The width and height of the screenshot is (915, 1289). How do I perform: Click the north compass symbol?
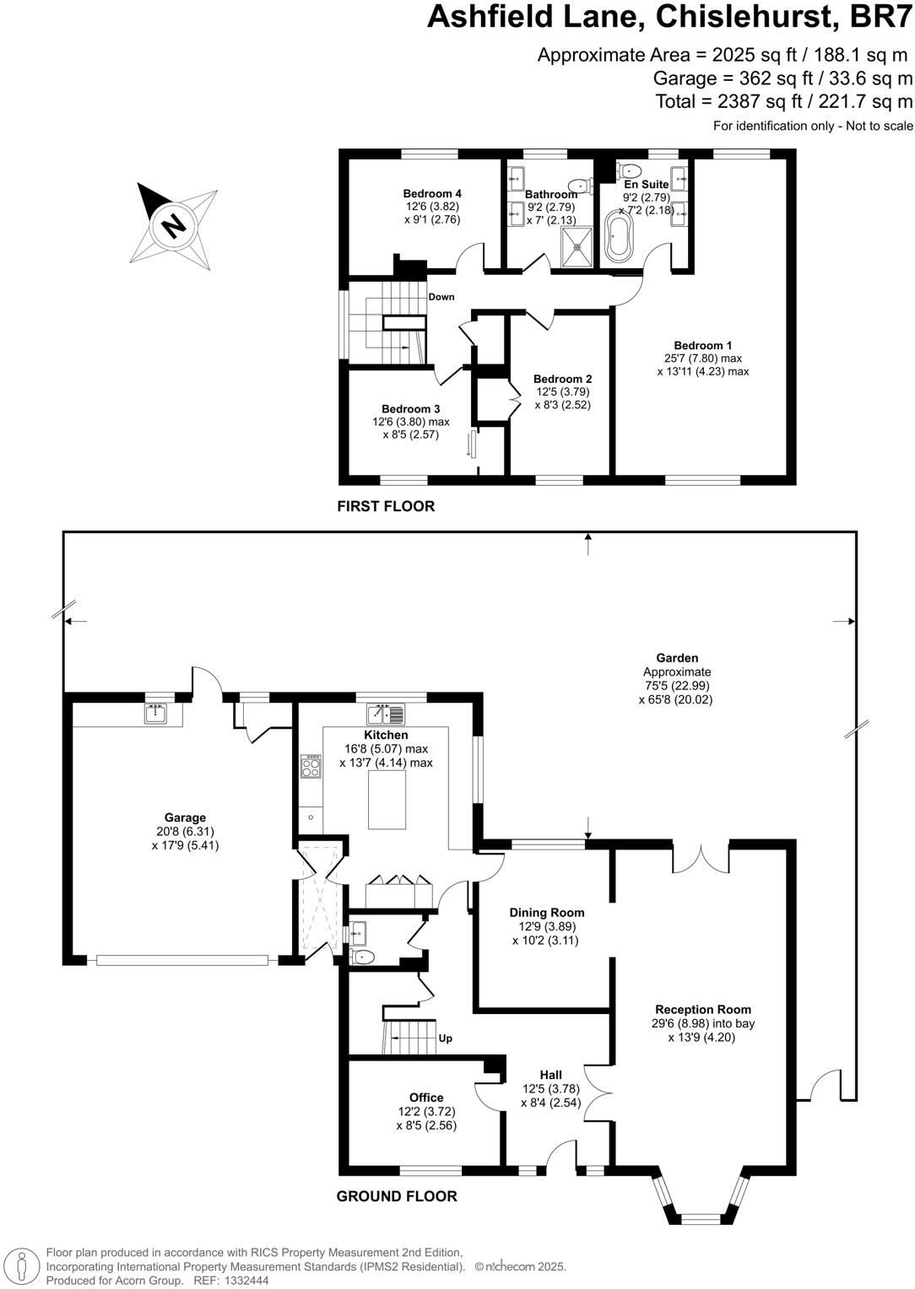(173, 225)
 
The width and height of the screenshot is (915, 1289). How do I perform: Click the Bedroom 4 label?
(432, 193)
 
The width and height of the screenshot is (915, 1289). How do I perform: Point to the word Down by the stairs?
(441, 297)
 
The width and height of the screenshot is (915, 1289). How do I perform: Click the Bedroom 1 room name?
(702, 345)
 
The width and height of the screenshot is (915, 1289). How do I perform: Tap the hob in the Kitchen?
(311, 766)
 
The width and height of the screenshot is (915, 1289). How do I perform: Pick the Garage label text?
(185, 817)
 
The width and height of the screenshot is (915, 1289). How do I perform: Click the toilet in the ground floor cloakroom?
(361, 957)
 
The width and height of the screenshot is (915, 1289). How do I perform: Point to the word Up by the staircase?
(445, 1038)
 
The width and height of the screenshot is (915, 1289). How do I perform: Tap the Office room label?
(426, 1098)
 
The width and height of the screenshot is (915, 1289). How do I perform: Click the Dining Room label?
(546, 912)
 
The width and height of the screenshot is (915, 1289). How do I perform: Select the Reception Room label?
(702, 1009)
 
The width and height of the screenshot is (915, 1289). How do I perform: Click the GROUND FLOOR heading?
(397, 1196)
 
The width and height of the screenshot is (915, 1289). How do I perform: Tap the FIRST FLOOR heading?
(386, 506)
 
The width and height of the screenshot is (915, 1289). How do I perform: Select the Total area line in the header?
(784, 102)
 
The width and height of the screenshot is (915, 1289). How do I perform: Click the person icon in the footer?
(23, 1265)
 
